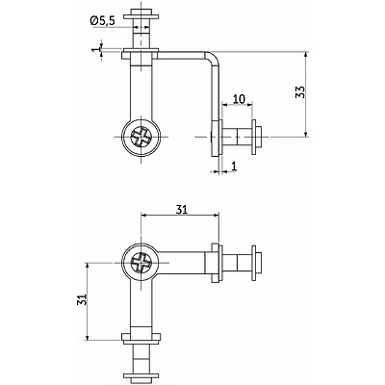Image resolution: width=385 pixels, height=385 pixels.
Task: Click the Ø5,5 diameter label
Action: [102, 21]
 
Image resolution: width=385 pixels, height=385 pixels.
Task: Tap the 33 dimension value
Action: [300, 92]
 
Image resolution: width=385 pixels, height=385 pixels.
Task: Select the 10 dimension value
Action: [239, 99]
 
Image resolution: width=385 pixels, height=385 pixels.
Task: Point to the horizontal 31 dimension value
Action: [181, 210]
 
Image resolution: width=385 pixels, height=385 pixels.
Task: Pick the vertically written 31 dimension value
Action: [82, 300]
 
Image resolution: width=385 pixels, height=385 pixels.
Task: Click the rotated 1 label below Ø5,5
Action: [96, 50]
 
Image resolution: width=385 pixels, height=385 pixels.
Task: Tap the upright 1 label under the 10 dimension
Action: [234, 167]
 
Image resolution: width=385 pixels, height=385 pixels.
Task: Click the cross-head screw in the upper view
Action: [141, 137]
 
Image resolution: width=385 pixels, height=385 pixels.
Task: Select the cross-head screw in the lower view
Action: [141, 263]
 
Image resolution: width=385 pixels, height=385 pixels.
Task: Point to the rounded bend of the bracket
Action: [214, 58]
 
